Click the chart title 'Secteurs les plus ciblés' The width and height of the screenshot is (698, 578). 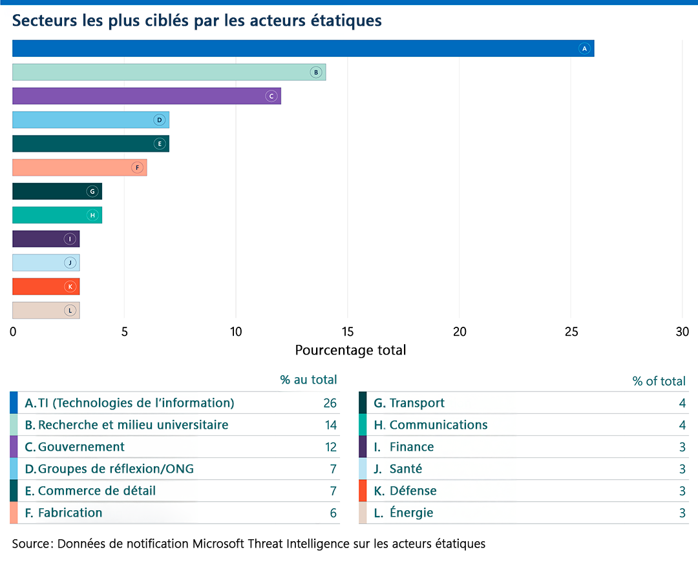point(197,21)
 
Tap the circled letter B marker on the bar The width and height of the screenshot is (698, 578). point(315,72)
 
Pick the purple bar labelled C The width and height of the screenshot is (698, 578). point(146,96)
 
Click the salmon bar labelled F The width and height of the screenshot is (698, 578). point(79,167)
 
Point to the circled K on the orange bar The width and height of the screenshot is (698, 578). point(70,286)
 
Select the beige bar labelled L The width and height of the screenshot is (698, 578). point(46,310)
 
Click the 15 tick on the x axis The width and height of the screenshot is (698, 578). point(348,332)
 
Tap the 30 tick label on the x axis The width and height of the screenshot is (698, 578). point(682,332)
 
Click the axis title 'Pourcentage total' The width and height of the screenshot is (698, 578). point(350,351)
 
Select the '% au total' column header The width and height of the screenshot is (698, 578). point(308,380)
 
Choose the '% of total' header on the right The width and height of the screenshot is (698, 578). point(659,381)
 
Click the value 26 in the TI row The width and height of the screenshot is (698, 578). point(330,403)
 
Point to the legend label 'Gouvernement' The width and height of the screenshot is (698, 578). point(81,447)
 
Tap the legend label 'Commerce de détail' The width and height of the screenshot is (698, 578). point(96,491)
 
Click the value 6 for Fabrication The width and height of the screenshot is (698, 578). point(333,513)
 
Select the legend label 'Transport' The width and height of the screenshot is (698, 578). point(417,403)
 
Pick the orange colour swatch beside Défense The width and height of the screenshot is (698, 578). point(363,491)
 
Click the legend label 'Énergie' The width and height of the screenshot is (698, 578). point(411,513)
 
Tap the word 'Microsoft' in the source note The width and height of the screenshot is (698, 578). point(219,544)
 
